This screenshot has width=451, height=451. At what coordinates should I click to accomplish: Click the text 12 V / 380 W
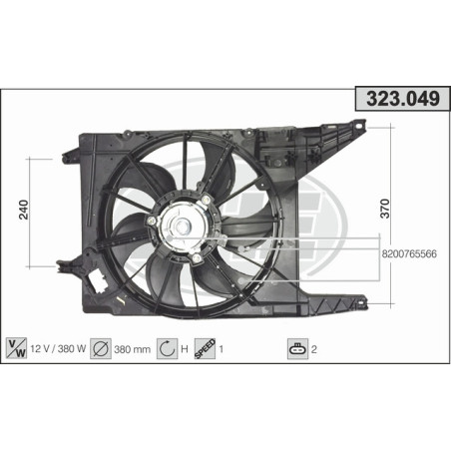pyautogui.click(x=58, y=350)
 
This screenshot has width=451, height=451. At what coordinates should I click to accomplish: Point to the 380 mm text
pyautogui.click(x=134, y=350)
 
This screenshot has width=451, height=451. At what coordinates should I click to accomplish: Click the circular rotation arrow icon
pyautogui.click(x=168, y=349)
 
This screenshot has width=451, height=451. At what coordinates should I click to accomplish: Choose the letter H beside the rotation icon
pyautogui.click(x=186, y=350)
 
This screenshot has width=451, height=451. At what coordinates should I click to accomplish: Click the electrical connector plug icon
pyautogui.click(x=296, y=349)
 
